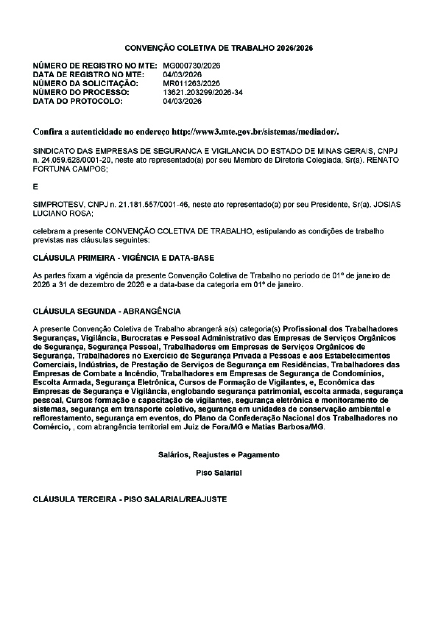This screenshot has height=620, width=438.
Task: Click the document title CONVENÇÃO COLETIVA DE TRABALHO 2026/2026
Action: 219,48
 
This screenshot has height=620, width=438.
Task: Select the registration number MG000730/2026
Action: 191,66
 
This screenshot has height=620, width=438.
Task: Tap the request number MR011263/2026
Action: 191,84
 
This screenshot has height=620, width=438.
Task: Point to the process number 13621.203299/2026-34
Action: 203,92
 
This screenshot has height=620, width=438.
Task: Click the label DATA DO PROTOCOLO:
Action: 77,101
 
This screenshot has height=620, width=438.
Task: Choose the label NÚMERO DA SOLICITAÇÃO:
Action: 85,84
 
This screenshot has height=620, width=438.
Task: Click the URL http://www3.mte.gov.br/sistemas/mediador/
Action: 256,132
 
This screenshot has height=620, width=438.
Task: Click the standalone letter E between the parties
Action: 35,187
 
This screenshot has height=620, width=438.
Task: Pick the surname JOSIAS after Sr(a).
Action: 388,205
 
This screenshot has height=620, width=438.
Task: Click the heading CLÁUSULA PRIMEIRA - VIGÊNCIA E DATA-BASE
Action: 124,258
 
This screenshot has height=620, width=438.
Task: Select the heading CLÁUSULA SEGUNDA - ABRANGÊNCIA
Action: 107,311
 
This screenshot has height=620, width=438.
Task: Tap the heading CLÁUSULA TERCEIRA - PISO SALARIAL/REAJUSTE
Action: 130,499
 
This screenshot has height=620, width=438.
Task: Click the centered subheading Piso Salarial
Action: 219,473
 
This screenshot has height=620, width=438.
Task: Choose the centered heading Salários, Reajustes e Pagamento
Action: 219,455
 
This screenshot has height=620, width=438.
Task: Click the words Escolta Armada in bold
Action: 62,382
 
